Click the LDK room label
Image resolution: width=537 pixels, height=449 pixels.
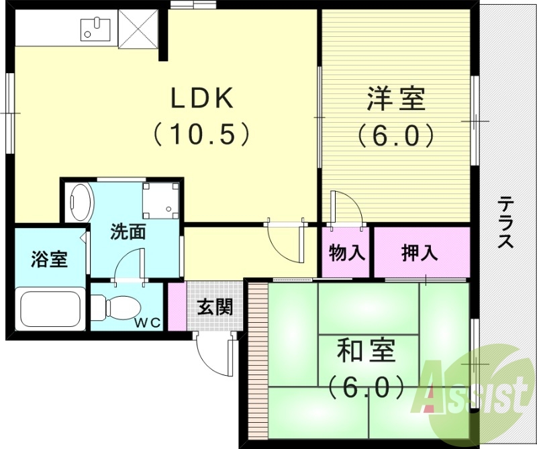pos(201,99)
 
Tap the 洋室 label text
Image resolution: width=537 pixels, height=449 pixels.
pos(395,99)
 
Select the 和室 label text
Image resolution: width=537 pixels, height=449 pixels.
pos(366,350)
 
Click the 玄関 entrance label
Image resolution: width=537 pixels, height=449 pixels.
pos(215,307)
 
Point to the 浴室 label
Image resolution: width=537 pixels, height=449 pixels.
pos(49,260)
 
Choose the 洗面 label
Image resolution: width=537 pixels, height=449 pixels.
pos(128,232)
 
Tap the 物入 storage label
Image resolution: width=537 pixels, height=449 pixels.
pos(346,254)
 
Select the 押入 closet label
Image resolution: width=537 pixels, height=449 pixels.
pos(420,254)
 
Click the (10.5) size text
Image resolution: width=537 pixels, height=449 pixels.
pos(201,134)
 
